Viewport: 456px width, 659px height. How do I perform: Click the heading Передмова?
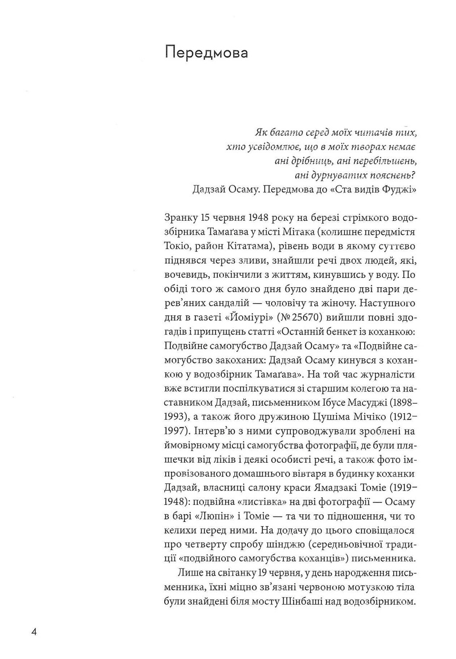point(206,53)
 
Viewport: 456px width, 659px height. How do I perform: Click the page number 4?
point(33,632)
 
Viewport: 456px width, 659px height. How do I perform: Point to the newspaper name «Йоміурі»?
point(240,317)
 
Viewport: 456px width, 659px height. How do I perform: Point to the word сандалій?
point(231,303)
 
